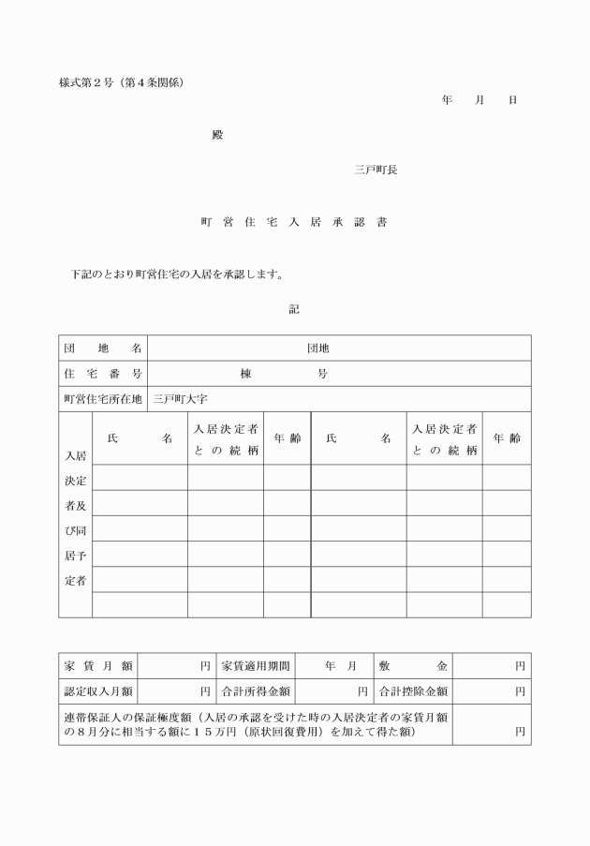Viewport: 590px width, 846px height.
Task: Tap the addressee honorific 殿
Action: [218, 135]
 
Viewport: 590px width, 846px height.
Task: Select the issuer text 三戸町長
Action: [375, 170]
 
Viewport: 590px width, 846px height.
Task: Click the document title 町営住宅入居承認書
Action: [294, 223]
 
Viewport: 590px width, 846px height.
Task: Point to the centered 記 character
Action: [294, 309]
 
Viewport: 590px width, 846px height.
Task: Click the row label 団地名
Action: [103, 349]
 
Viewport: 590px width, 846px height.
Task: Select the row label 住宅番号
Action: [103, 374]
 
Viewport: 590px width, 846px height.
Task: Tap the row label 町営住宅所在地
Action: [103, 399]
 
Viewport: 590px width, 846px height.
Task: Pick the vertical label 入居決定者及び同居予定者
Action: [76, 518]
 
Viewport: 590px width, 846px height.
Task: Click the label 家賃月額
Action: [98, 666]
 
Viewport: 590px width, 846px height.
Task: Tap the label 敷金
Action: [413, 666]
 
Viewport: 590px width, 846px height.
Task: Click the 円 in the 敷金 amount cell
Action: [520, 666]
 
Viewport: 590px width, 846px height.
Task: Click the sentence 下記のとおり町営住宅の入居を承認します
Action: [177, 275]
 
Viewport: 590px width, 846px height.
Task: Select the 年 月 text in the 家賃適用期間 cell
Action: [341, 666]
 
